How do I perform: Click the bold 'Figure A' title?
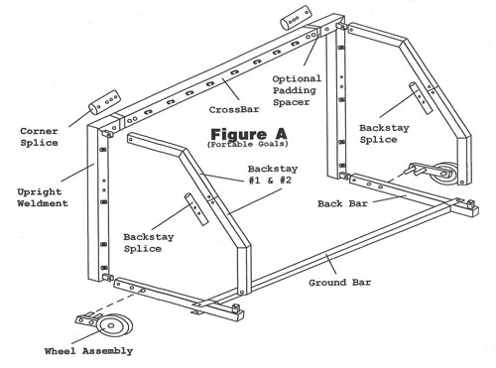pyautogui.click(x=249, y=134)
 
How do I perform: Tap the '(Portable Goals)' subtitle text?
pyautogui.click(x=248, y=144)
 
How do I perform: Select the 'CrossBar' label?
pyautogui.click(x=234, y=109)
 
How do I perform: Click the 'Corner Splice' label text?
pyautogui.click(x=39, y=137)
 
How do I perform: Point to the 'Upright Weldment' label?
pyautogui.click(x=43, y=197)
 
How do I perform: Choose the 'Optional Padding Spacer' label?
pyautogui.click(x=297, y=90)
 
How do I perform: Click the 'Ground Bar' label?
pyautogui.click(x=340, y=283)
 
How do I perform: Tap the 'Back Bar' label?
pyautogui.click(x=342, y=203)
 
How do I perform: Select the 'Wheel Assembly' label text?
pyautogui.click(x=88, y=351)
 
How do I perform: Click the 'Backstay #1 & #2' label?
pyautogui.click(x=273, y=175)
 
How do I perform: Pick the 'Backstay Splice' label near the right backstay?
pyautogui.click(x=384, y=134)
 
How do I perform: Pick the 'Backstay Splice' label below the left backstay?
pyautogui.click(x=149, y=243)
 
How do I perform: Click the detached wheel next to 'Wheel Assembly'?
pyautogui.click(x=114, y=325)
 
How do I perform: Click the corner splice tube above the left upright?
pyautogui.click(x=104, y=102)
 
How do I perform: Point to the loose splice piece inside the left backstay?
pyautogui.click(x=196, y=209)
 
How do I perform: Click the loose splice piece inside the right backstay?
pyautogui.click(x=421, y=98)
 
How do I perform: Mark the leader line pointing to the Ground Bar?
pyautogui.click(x=331, y=264)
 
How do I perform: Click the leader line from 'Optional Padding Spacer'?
pyautogui.click(x=311, y=51)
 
